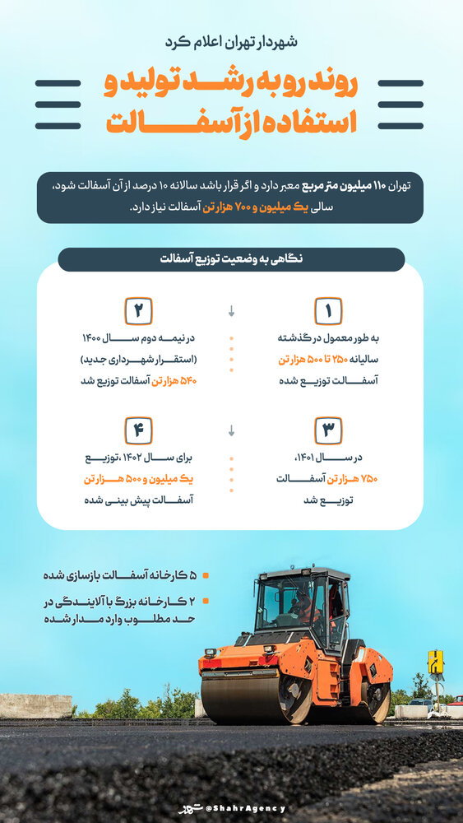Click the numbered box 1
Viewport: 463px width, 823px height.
click(x=327, y=311)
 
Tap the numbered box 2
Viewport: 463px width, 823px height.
click(x=138, y=311)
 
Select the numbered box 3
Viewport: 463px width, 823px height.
click(x=327, y=430)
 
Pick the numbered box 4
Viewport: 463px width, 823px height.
click(x=138, y=430)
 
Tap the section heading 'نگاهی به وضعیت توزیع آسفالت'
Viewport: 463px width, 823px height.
click(x=231, y=259)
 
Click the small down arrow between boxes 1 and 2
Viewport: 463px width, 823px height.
click(x=231, y=312)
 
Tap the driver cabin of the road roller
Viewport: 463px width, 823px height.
click(x=301, y=605)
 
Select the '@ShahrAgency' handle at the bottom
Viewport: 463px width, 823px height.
click(x=246, y=808)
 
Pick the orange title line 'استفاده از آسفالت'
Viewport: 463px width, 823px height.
click(x=231, y=121)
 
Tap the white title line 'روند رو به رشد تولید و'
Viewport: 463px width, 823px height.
click(x=231, y=85)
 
